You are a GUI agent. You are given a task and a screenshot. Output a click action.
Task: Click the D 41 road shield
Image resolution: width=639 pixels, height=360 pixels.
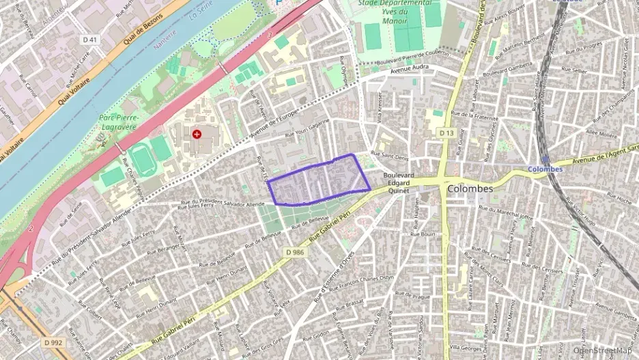(89, 40)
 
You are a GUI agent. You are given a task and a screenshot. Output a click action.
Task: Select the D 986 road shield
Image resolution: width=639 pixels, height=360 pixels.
(294, 252)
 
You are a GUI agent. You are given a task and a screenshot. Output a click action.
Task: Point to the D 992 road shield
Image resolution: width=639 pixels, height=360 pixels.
(53, 342)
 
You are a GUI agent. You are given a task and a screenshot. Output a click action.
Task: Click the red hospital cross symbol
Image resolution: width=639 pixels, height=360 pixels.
(197, 135)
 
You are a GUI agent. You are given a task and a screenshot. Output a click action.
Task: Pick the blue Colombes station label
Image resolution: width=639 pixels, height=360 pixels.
(545, 169)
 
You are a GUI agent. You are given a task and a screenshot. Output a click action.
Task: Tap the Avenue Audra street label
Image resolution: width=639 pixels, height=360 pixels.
(416, 68)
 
